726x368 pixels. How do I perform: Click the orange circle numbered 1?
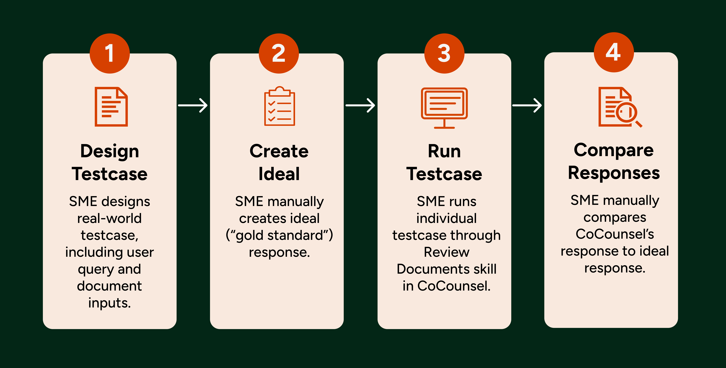(x=110, y=53)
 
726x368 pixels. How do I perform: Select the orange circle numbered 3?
(x=444, y=53)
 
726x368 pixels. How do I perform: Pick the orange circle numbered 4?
(x=614, y=52)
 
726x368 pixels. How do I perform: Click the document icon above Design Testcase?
(x=111, y=107)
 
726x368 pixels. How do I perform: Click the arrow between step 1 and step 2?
(x=193, y=105)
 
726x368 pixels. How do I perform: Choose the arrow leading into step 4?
(x=527, y=105)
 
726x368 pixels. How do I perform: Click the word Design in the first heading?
(x=110, y=151)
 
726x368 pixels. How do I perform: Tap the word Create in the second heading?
(x=279, y=151)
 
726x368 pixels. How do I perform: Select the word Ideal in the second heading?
(x=279, y=174)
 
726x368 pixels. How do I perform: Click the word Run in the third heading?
(x=444, y=151)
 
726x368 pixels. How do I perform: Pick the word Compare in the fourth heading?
(x=614, y=150)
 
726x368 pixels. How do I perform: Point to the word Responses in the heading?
(x=614, y=173)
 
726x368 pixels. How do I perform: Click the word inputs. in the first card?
(x=110, y=303)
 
